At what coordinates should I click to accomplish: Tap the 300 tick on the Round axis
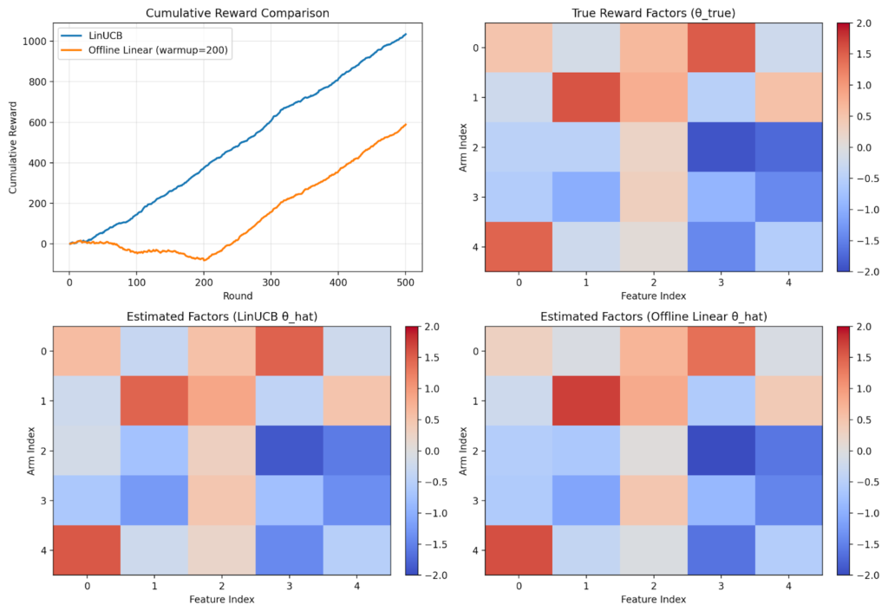pyautogui.click(x=271, y=282)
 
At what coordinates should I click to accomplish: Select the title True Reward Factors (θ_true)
pyautogui.click(x=654, y=12)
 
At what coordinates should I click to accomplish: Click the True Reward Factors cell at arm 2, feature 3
pyautogui.click(x=721, y=147)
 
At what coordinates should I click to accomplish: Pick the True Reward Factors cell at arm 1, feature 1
pyautogui.click(x=586, y=97)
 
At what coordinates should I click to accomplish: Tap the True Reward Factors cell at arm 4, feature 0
pyautogui.click(x=519, y=247)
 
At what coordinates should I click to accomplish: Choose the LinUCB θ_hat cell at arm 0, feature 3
pyautogui.click(x=290, y=350)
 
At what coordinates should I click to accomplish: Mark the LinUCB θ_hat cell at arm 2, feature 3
pyautogui.click(x=290, y=450)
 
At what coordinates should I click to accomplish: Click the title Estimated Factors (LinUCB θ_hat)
pyautogui.click(x=221, y=315)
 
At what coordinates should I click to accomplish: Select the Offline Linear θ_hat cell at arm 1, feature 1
pyautogui.click(x=586, y=400)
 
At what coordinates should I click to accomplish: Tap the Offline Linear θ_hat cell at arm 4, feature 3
pyautogui.click(x=721, y=549)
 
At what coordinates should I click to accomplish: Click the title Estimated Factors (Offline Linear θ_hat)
pyautogui.click(x=654, y=315)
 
